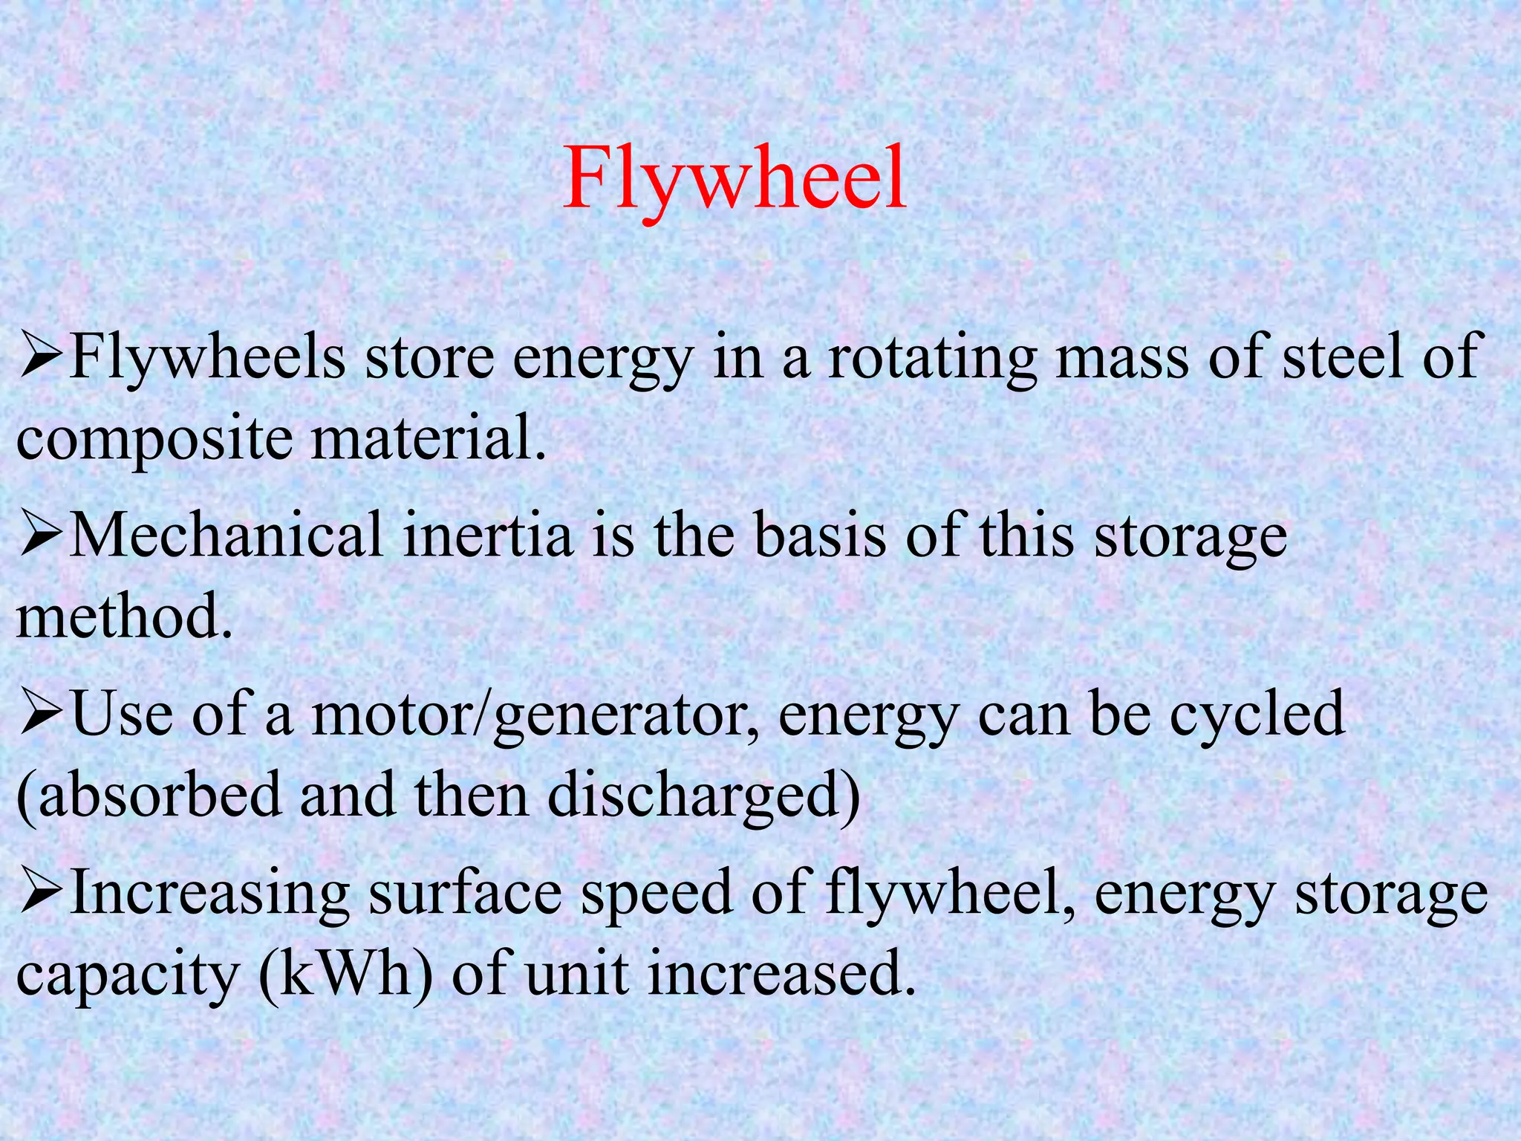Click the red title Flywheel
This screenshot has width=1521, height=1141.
coord(735,181)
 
